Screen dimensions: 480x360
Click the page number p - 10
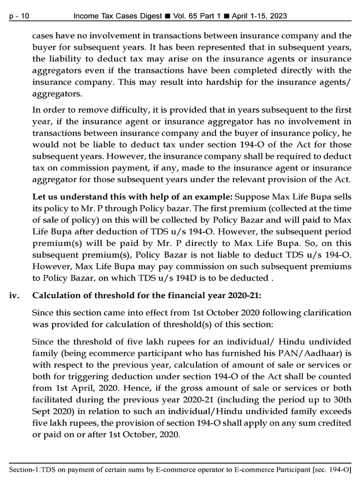pos(19,16)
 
